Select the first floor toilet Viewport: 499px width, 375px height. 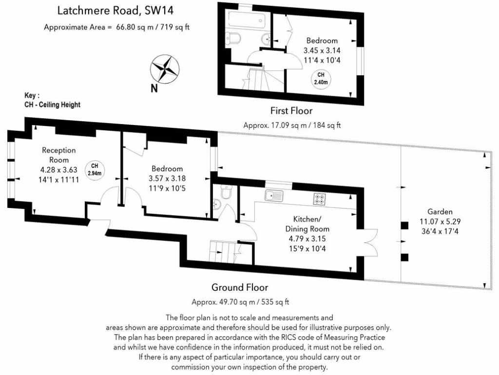point(233,38)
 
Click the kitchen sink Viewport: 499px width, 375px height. point(274,195)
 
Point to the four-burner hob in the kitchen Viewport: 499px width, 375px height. point(319,199)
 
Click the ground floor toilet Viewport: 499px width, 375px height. point(226,191)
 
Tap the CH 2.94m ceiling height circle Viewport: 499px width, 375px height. point(95,169)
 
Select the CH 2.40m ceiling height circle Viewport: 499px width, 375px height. point(321,79)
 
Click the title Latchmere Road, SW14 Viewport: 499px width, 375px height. point(115,11)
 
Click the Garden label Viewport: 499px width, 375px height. point(440,211)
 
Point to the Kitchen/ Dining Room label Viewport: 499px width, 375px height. point(307,224)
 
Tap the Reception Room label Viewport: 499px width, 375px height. point(59,155)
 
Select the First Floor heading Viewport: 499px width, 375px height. point(291,111)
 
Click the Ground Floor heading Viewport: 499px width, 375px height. point(240,287)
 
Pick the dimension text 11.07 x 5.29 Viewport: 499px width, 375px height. point(440,222)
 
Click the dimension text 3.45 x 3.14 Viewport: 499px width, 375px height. point(322,50)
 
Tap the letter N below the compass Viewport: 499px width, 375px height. point(154,88)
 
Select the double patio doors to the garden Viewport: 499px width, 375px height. point(370,243)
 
